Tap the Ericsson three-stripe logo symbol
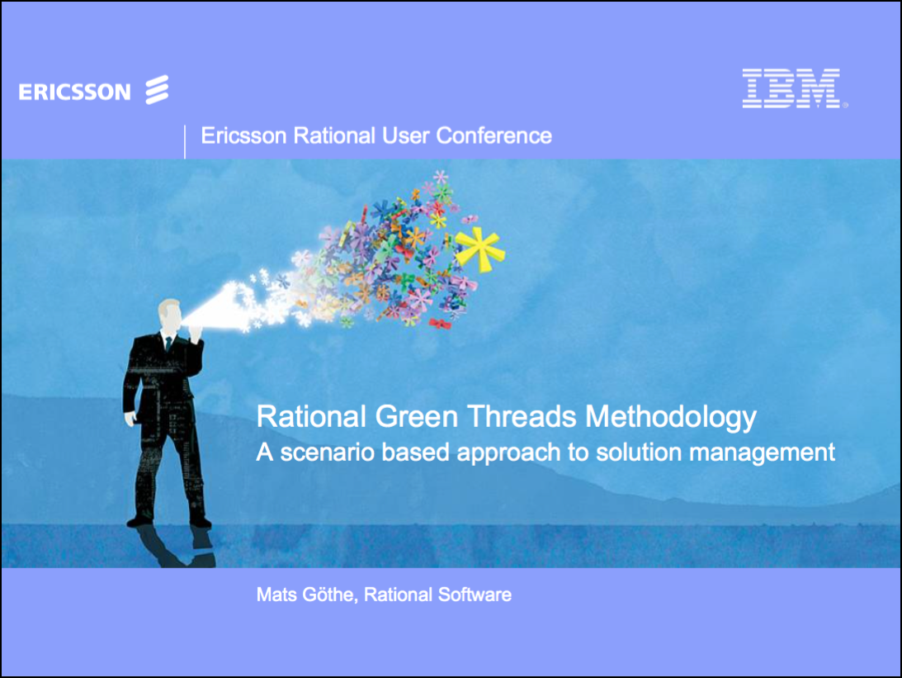157,90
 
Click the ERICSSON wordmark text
74,92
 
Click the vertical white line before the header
184,141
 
